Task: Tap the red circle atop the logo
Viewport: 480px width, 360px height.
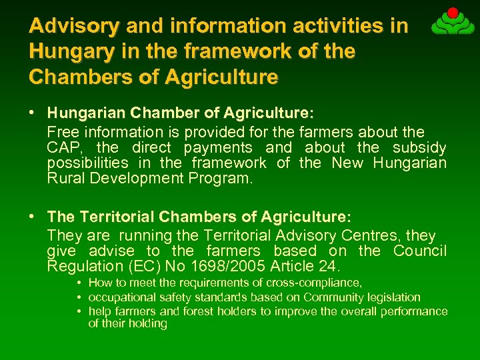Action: click(x=453, y=13)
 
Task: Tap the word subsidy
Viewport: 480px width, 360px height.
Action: click(x=419, y=147)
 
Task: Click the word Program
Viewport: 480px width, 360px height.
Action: click(x=224, y=178)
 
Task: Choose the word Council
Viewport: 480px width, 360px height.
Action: click(x=419, y=251)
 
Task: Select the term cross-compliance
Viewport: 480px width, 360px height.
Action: click(x=317, y=283)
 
